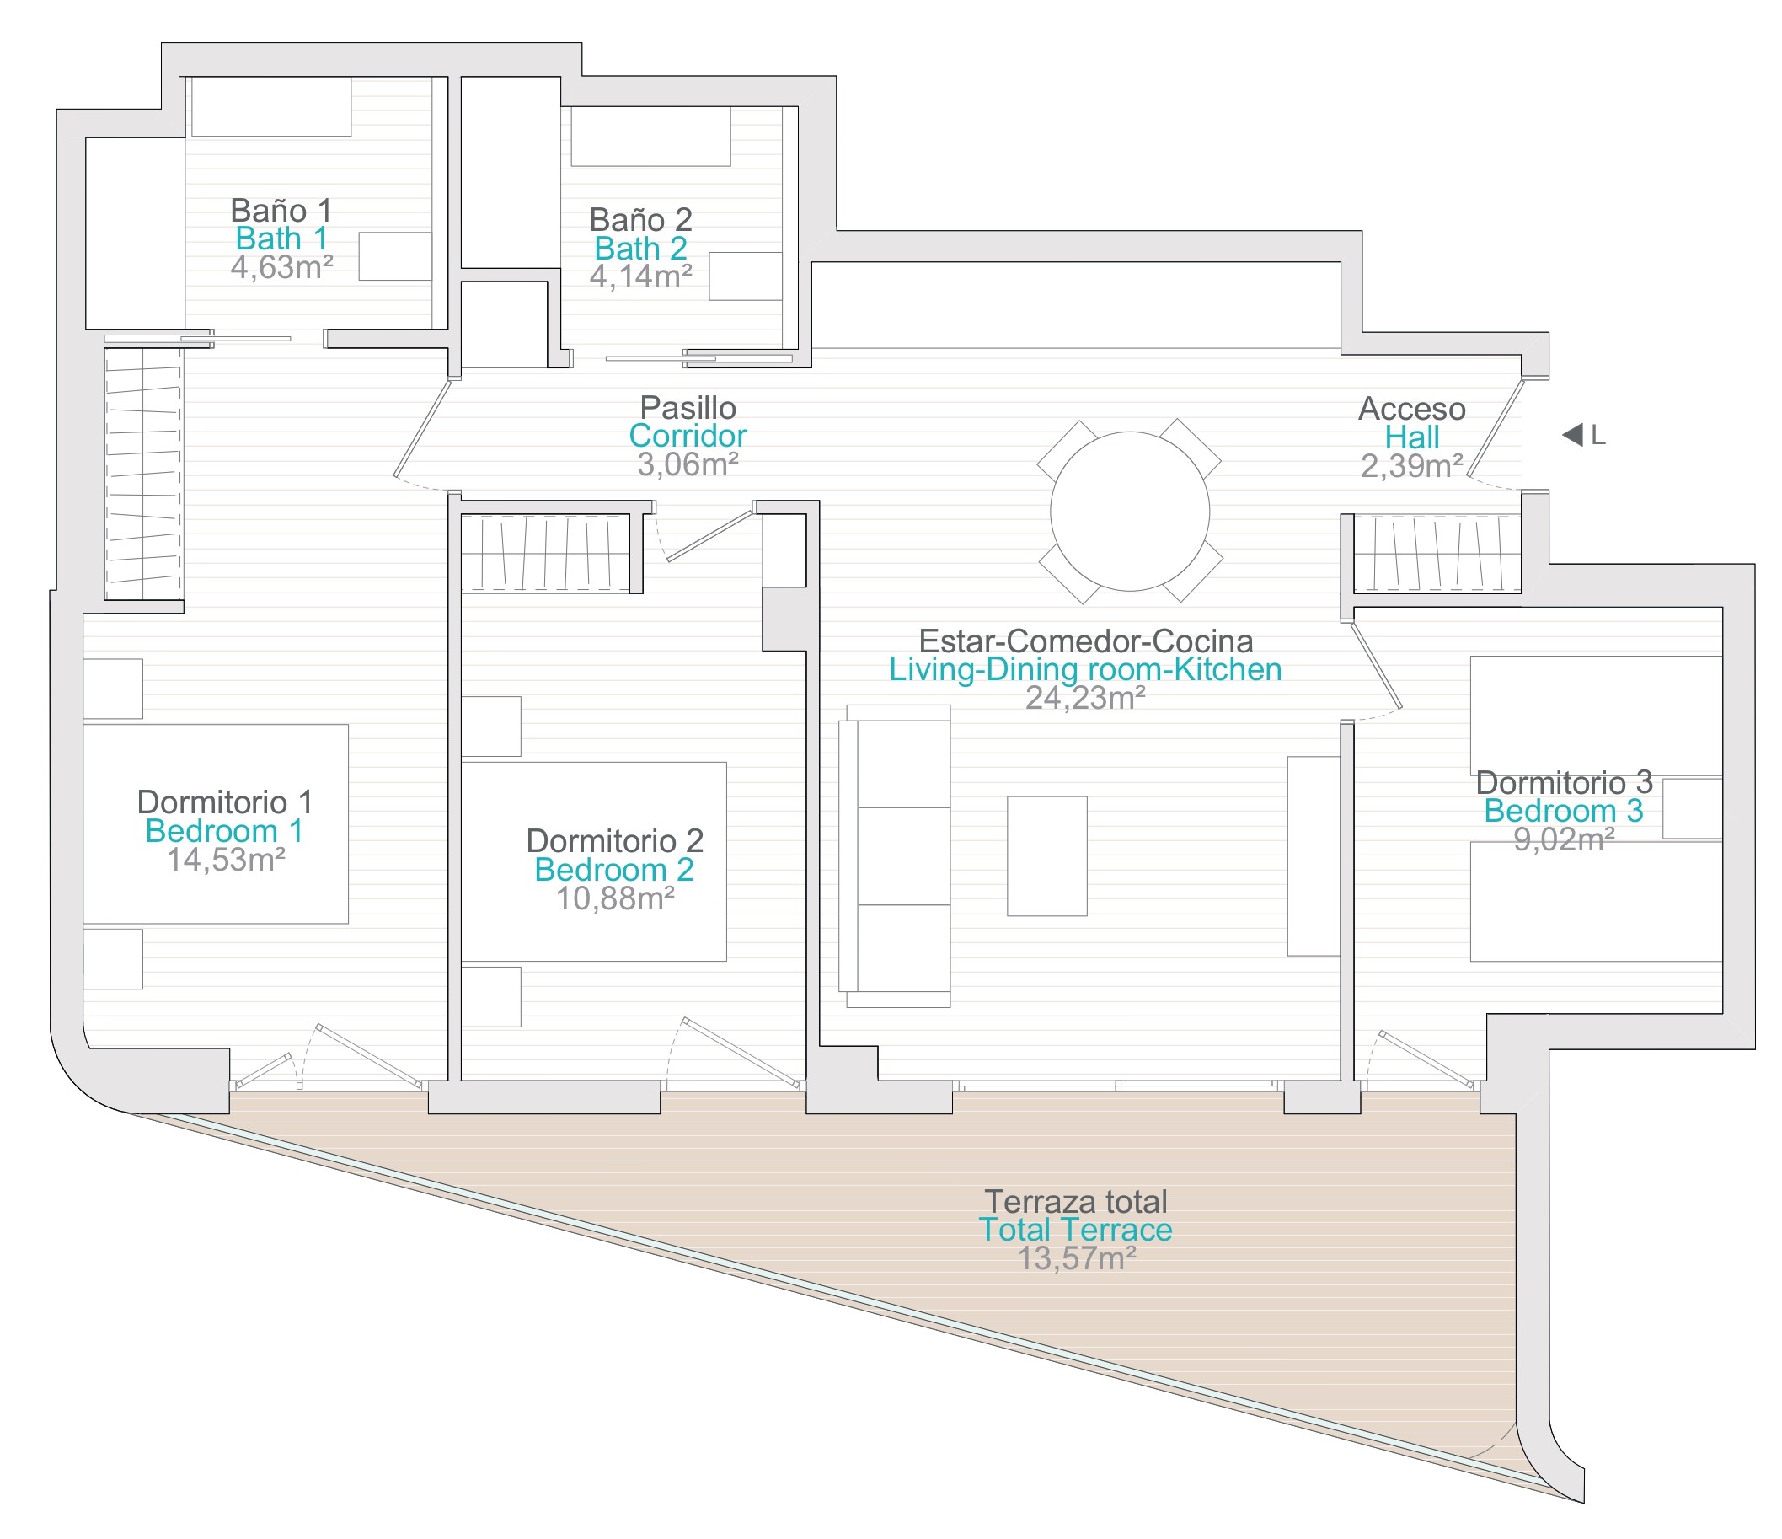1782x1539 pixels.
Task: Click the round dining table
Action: (x=1129, y=511)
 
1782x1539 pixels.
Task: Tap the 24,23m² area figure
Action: (x=1085, y=698)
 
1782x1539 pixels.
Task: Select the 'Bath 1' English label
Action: (x=281, y=239)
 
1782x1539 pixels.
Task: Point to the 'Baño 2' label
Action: (x=640, y=219)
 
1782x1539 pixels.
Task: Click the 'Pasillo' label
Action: (x=688, y=407)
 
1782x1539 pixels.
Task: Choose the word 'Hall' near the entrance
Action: (x=1411, y=437)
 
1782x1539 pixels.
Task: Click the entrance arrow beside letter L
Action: (x=1572, y=435)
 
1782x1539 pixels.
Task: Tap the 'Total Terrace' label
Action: (x=1075, y=1230)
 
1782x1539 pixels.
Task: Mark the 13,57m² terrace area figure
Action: (x=1077, y=1258)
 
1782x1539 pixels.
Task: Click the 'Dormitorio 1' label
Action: (x=225, y=802)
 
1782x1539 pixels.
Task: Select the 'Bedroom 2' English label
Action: (x=614, y=870)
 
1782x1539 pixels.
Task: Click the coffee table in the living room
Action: (x=1046, y=856)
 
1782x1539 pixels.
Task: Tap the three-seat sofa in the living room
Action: (x=896, y=856)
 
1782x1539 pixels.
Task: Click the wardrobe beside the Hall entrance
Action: (x=1437, y=554)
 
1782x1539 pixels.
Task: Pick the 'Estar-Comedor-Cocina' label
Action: (x=1085, y=641)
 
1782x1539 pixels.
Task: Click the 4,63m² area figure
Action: (x=281, y=267)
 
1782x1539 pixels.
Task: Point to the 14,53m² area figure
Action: (x=225, y=860)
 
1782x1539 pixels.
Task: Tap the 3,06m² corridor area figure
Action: (x=688, y=464)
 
